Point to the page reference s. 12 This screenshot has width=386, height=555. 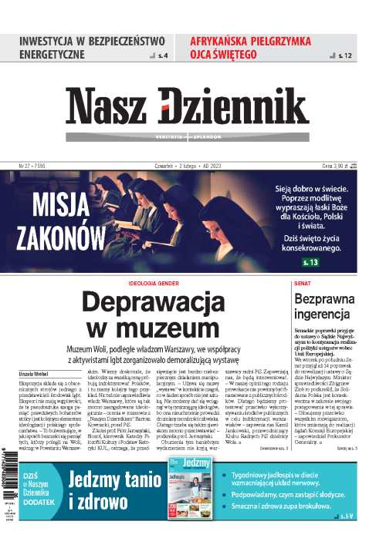(344, 55)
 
